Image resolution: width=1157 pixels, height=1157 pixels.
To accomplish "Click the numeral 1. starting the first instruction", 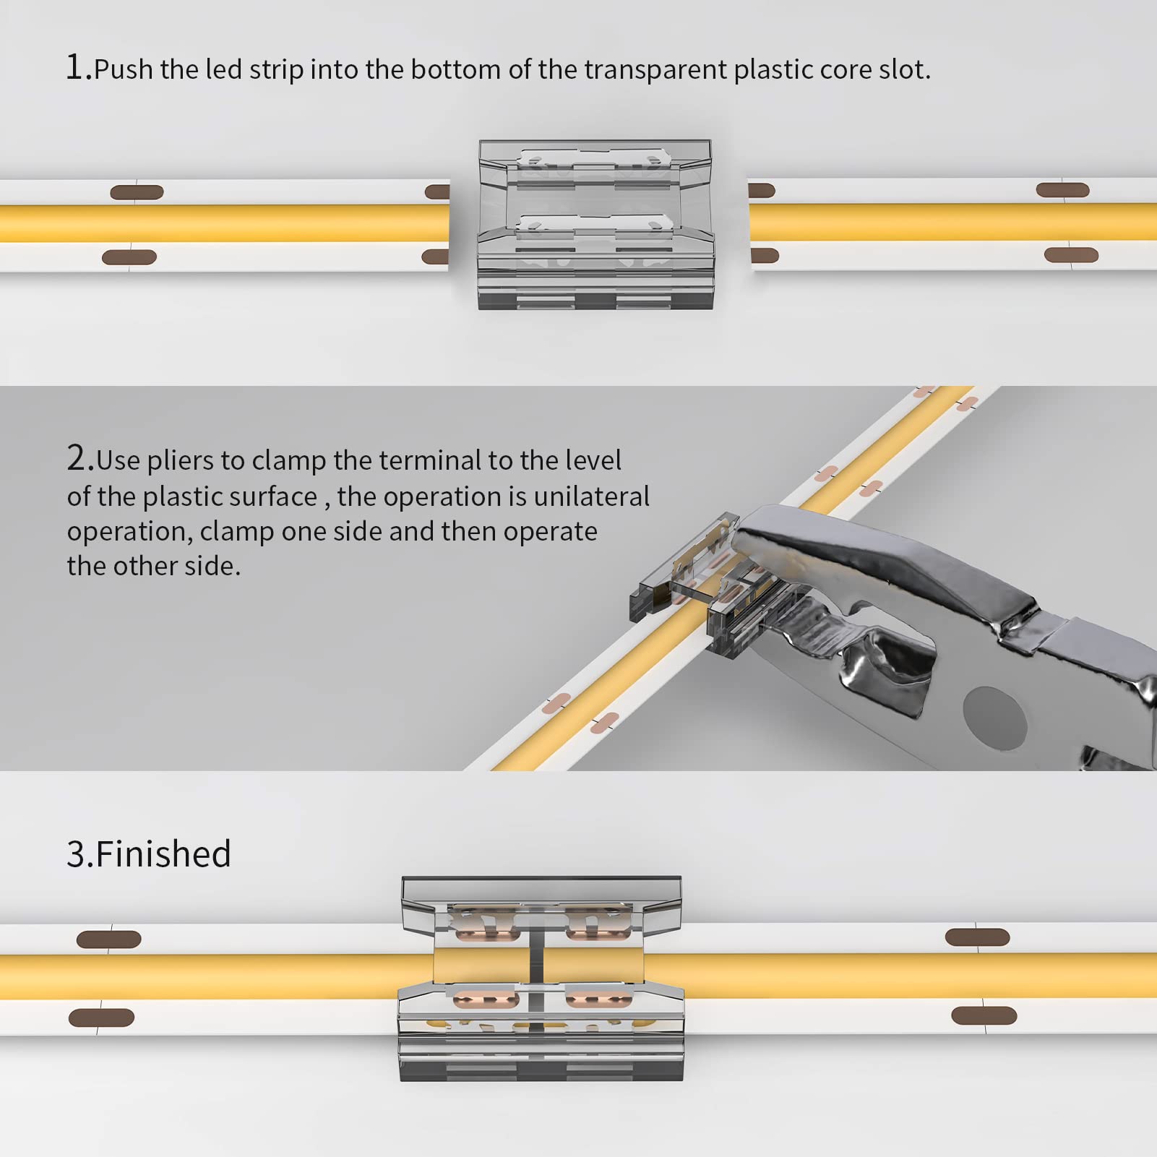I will click(78, 68).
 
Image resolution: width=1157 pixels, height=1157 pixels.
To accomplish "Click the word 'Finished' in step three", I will click(163, 853).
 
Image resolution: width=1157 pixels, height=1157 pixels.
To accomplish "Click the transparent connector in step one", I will click(595, 224).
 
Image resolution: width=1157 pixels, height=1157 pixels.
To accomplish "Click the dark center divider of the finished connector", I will click(537, 968).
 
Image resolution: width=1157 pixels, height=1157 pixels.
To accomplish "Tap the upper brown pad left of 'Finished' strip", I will click(108, 939).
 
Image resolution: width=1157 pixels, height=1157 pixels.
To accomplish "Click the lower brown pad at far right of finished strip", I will click(984, 1015).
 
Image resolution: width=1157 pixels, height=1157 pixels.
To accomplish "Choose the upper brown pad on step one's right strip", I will click(1062, 190).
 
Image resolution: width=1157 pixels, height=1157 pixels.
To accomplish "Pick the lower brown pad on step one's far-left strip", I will click(129, 257).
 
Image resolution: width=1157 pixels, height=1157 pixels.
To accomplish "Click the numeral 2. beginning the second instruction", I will click(79, 459).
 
